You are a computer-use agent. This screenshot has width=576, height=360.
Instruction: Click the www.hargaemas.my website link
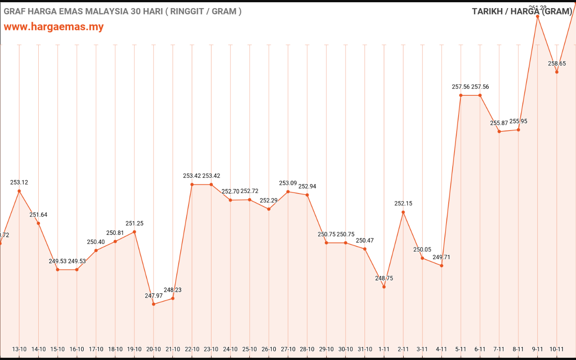(54, 27)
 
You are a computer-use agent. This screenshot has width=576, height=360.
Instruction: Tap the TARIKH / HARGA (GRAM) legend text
(522, 11)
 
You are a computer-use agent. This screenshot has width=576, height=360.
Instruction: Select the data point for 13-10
(19, 191)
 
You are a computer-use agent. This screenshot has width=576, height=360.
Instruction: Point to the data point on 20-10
(153, 304)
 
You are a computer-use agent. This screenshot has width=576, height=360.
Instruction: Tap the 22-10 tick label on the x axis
(192, 349)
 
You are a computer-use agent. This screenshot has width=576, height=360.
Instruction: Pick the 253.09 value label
(288, 183)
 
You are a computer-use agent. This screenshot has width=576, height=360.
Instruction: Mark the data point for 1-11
(384, 287)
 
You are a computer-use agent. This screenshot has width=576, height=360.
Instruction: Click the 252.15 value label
(403, 203)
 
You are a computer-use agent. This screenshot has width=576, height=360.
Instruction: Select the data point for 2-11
(403, 212)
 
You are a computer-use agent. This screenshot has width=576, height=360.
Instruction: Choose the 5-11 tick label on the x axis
(461, 349)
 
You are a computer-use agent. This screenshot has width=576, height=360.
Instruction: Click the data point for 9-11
(537, 16)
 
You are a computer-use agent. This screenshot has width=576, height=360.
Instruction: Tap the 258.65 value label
(557, 63)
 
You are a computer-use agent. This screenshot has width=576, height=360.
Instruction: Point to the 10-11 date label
(557, 349)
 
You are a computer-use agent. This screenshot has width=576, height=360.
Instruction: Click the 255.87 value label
(499, 123)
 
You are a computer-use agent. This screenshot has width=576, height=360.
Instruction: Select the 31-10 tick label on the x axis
(365, 349)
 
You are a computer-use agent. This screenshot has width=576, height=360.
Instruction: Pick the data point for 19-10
(134, 232)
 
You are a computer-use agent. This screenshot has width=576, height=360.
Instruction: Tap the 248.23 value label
(173, 290)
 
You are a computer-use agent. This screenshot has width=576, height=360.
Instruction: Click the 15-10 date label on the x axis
(58, 349)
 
